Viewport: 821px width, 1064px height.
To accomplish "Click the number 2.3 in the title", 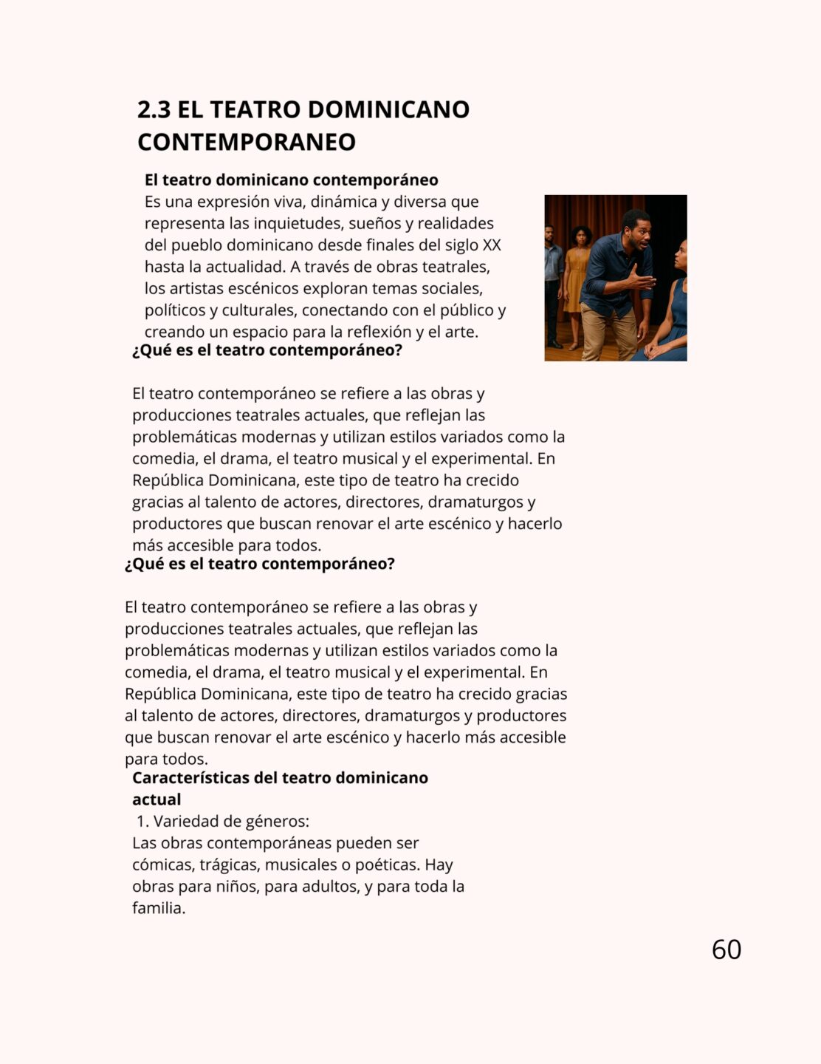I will coord(154,109).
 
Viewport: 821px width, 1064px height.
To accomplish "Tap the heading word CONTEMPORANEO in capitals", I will coord(247,142).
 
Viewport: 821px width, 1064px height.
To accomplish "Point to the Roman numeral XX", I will coord(491,245).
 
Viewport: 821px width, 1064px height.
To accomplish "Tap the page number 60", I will coord(726,949).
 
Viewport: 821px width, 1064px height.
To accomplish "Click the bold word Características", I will coord(190,777).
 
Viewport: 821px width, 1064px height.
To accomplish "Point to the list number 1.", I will coord(142,821).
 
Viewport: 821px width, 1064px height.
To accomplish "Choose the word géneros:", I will coord(278,821).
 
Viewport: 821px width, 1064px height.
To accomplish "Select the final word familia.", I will coord(158,908).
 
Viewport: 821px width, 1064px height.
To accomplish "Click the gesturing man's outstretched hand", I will coord(645,281).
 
